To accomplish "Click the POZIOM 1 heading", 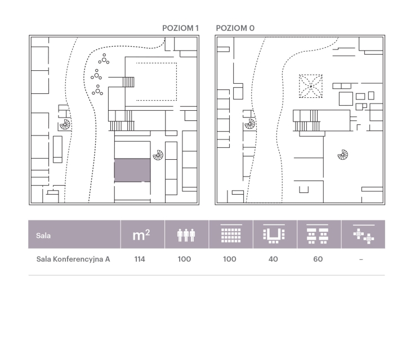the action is (180, 28).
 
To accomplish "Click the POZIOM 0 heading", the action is (235, 28).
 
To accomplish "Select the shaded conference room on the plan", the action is (132, 170).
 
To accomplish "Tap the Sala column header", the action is (43, 236).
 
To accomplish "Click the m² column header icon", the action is (141, 235).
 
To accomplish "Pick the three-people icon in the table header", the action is (186, 235).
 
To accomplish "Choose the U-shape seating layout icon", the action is (274, 234).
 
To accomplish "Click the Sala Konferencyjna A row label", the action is (73, 259).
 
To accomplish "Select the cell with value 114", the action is (140, 259).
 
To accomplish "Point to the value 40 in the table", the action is (273, 259).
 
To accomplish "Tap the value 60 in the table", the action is (318, 259).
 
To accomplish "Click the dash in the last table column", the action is (361, 259).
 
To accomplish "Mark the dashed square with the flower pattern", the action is (311, 86).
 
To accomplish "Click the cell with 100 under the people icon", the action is (184, 259).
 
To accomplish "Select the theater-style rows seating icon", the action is (231, 233).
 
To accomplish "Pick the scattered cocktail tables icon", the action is (364, 235).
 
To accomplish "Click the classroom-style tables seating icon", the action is (318, 234).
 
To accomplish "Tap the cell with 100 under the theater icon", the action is (230, 259).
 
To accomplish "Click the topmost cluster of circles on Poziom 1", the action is (104, 59).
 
